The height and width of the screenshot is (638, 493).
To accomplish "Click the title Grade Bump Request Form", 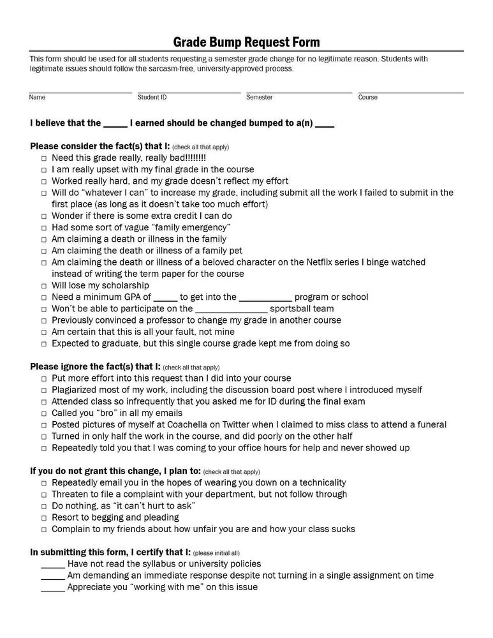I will (246, 42).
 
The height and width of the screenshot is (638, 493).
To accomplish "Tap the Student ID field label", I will (152, 98).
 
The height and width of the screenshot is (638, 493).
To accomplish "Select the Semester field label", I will (259, 98).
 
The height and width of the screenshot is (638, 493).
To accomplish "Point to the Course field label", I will (367, 98).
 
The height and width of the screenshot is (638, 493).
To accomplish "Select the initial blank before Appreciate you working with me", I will (53, 588).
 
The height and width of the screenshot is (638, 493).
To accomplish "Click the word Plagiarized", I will (76, 390).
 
